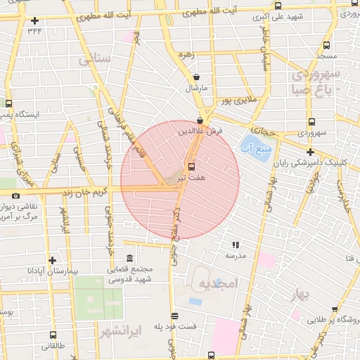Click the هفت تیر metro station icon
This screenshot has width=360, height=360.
tap(191, 167)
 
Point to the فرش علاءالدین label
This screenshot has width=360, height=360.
tap(200, 131)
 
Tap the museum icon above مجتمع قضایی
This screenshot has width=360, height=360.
tap(129, 258)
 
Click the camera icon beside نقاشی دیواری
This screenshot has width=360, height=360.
tap(15, 195)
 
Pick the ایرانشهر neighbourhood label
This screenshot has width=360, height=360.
tap(121, 329)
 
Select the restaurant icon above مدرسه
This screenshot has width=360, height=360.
tap(235, 245)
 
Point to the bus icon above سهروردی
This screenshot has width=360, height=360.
tap(311, 121)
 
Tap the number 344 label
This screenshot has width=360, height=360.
tap(34, 30)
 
